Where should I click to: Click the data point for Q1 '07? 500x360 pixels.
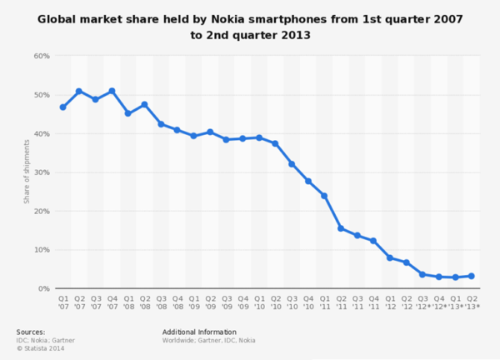[62, 107]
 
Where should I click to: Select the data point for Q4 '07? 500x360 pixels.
[112, 91]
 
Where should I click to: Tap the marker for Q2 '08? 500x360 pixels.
[144, 105]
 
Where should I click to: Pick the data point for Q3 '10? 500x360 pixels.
[292, 164]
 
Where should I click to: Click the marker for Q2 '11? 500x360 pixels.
[340, 227]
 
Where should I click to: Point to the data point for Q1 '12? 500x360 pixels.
[389, 257]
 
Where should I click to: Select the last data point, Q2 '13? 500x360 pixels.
[471, 276]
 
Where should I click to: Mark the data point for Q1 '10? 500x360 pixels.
[259, 137]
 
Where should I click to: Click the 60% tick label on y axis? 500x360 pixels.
[42, 56]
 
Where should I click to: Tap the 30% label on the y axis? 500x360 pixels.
[42, 172]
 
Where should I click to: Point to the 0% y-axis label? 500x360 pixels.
[43, 288]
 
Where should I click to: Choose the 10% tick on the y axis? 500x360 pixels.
[42, 250]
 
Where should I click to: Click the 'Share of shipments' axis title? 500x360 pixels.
[27, 172]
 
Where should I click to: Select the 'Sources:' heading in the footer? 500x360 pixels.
[31, 331]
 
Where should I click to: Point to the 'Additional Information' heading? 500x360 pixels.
[199, 331]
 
